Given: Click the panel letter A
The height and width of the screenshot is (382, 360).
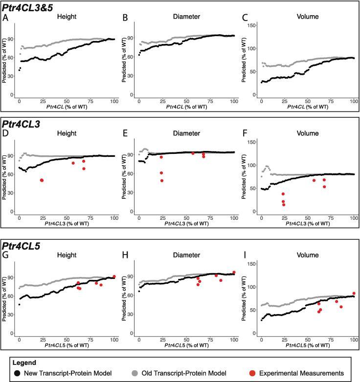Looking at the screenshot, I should coord(6,18).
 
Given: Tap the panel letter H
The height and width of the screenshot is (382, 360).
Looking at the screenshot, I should coord(126,255).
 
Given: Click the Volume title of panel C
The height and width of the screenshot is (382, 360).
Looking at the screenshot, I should coord(308,17).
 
